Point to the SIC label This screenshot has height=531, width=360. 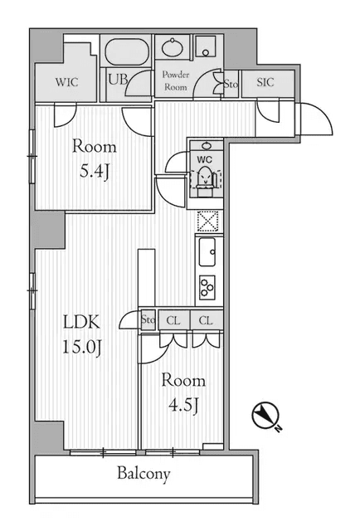pyautogui.click(x=265, y=83)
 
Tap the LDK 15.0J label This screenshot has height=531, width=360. pyautogui.click(x=82, y=333)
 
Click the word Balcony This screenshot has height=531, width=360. pyautogui.click(x=143, y=475)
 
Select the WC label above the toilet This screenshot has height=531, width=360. pyautogui.click(x=204, y=158)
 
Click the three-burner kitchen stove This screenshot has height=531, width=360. pyautogui.click(x=206, y=286)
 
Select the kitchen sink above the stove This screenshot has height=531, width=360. pyautogui.click(x=207, y=249)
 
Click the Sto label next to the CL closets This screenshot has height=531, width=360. pyautogui.click(x=148, y=319)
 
